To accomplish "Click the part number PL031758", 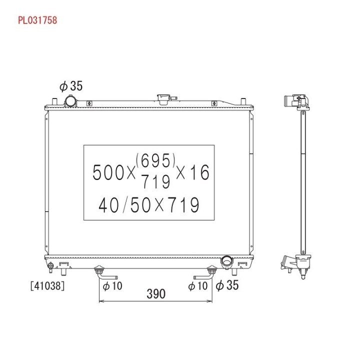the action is tap(37, 20).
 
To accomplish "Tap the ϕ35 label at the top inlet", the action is tap(71, 86).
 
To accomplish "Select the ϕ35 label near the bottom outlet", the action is tap(227, 285).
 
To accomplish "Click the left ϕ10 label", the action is tap(112, 286).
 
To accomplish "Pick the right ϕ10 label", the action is tap(197, 286).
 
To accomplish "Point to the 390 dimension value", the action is tap(156, 294).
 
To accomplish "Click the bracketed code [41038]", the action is tap(47, 286).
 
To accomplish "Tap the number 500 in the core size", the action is tap(108, 172).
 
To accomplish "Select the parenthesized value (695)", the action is tap(155, 160).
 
